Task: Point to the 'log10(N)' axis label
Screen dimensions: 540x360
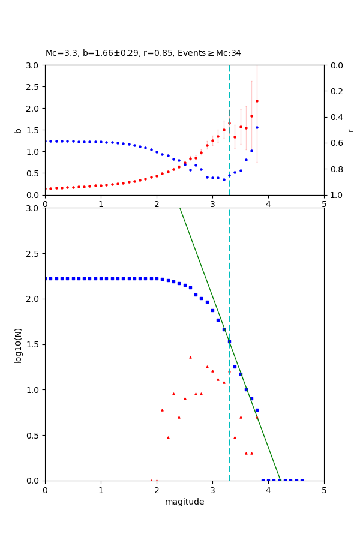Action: coord(18,344)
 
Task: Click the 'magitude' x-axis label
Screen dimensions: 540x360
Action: coord(184,502)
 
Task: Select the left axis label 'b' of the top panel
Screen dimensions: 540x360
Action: coord(18,130)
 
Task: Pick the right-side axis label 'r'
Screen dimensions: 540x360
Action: coord(350,130)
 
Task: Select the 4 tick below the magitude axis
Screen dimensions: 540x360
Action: coord(268,491)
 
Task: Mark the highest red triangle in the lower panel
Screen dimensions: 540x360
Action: coord(190,357)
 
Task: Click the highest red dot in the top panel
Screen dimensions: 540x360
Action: coord(257,101)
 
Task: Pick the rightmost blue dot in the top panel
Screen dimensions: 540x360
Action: coord(257,127)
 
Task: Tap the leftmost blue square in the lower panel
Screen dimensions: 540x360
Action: coord(46,278)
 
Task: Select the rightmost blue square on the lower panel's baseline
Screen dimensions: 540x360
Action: coord(302,480)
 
